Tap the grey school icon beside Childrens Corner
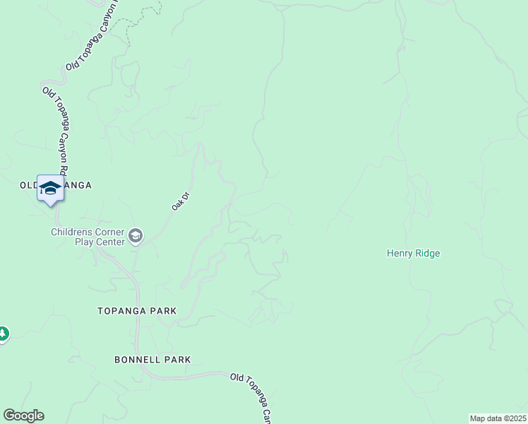[136, 236]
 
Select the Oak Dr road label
[181, 201]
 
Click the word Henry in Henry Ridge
[400, 253]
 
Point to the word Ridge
[427, 253]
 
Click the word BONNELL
[138, 360]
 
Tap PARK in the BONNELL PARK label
[177, 360]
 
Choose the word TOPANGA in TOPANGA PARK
[123, 311]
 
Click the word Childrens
[73, 232]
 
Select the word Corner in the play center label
[111, 232]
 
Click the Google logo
[23, 416]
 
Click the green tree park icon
[2, 334]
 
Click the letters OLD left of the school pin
[28, 185]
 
